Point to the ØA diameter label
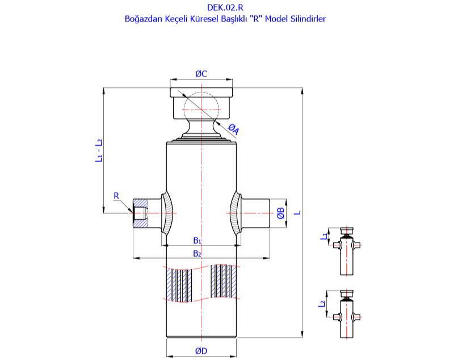click(233, 130)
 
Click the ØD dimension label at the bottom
click(201, 351)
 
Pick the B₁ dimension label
click(197, 240)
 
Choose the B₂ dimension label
click(197, 253)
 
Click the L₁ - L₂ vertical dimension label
click(98, 151)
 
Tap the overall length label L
click(297, 213)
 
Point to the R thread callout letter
click(116, 196)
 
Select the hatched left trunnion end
click(140, 213)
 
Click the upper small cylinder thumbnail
click(346, 249)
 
